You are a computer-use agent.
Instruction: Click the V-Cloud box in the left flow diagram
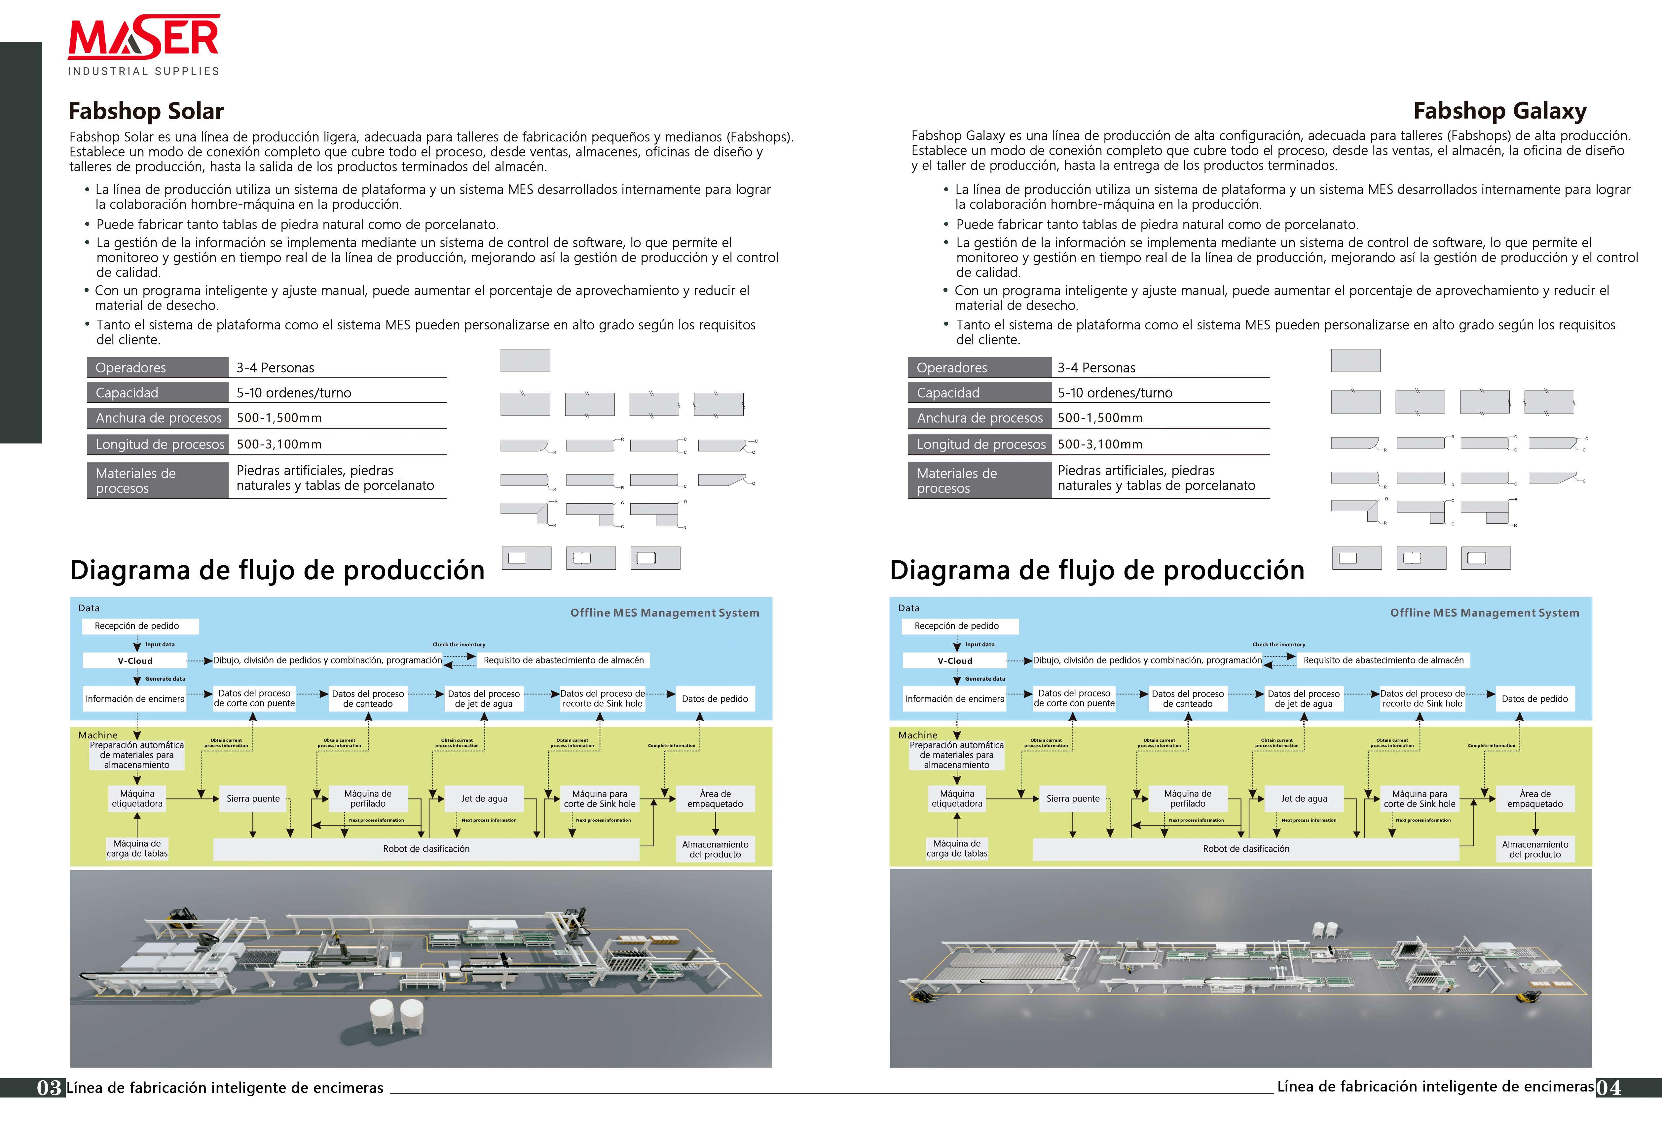(x=135, y=660)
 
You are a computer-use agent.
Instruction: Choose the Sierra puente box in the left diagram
(x=253, y=798)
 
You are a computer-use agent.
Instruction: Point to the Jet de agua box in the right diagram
(x=1304, y=798)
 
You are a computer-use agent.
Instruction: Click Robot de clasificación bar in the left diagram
(x=426, y=848)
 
